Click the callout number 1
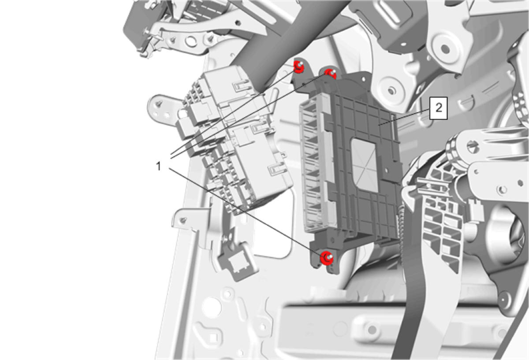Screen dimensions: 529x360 click(158, 166)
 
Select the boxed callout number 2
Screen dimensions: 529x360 click(439, 108)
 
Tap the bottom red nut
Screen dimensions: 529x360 click(327, 258)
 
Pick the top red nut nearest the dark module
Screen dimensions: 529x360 click(330, 74)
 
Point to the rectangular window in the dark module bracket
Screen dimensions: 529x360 click(365, 165)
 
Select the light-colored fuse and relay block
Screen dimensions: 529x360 click(236, 139)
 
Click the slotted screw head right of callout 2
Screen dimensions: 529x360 click(473, 146)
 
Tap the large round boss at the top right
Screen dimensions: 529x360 click(445, 49)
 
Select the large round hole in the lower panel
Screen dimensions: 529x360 click(212, 308)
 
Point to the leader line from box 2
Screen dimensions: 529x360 click(404, 117)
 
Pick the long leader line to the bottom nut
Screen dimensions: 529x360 click(247, 212)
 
